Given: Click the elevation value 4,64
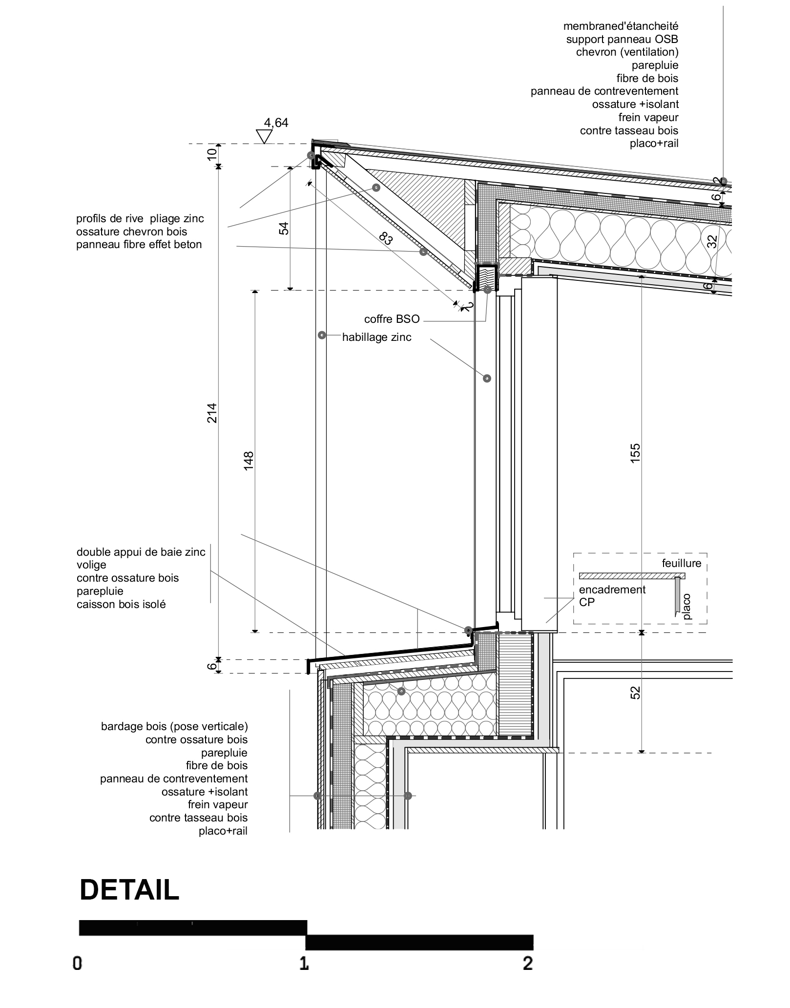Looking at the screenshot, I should point(276,123).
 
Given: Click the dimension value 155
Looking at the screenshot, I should point(635,453).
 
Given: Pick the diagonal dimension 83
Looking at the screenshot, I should point(385,239).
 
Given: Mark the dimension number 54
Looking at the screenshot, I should point(284,228).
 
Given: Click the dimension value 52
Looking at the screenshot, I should point(635,693).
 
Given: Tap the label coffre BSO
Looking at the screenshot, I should point(392,319).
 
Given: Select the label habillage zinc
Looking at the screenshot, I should point(376,337).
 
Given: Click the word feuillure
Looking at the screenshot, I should point(681,563).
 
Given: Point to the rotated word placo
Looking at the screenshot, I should point(687,606).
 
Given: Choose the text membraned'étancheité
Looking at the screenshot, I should point(621,26).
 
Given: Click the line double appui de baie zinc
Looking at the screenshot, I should point(141,552).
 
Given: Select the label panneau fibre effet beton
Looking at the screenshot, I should point(139,244).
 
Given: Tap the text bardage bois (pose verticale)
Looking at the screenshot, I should point(174,726).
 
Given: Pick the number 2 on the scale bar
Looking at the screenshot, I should point(527,964).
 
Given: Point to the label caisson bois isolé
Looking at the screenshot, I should point(121,604).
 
